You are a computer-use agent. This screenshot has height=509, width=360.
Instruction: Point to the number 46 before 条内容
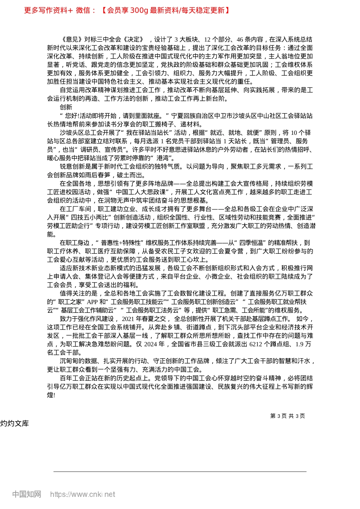click(240, 39)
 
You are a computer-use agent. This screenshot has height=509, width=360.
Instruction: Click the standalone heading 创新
click(66, 107)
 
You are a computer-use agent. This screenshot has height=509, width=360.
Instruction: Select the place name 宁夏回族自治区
click(193, 116)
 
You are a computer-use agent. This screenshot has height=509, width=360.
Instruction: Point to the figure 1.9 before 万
click(299, 344)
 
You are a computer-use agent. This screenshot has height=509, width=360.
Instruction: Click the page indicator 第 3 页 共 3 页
click(288, 416)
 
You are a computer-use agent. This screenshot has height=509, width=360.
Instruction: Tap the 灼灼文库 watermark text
click(14, 423)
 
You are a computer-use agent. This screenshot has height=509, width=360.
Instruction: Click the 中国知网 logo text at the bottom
click(27, 494)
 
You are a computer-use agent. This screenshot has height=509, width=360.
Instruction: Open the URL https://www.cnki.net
click(83, 494)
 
